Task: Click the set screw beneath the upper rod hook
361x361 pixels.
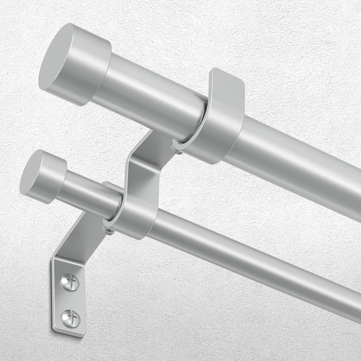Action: tap(177, 149)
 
